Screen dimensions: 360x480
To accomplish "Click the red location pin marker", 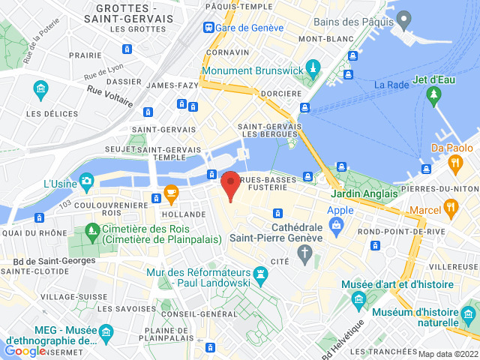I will [230, 184].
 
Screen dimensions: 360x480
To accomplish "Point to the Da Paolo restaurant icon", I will [454, 163].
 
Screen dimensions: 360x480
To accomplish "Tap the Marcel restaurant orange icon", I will [450, 206].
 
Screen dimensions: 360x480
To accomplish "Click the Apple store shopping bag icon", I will [338, 224].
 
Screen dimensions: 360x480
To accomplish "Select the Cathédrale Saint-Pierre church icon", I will [304, 256].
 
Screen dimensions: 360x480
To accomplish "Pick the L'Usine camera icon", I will [86, 180].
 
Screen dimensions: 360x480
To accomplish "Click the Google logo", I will [25, 350].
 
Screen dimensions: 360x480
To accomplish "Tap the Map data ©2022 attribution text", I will [447, 354].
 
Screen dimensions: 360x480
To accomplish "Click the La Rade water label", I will [390, 85].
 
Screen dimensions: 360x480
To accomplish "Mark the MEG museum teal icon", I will [106, 331].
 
